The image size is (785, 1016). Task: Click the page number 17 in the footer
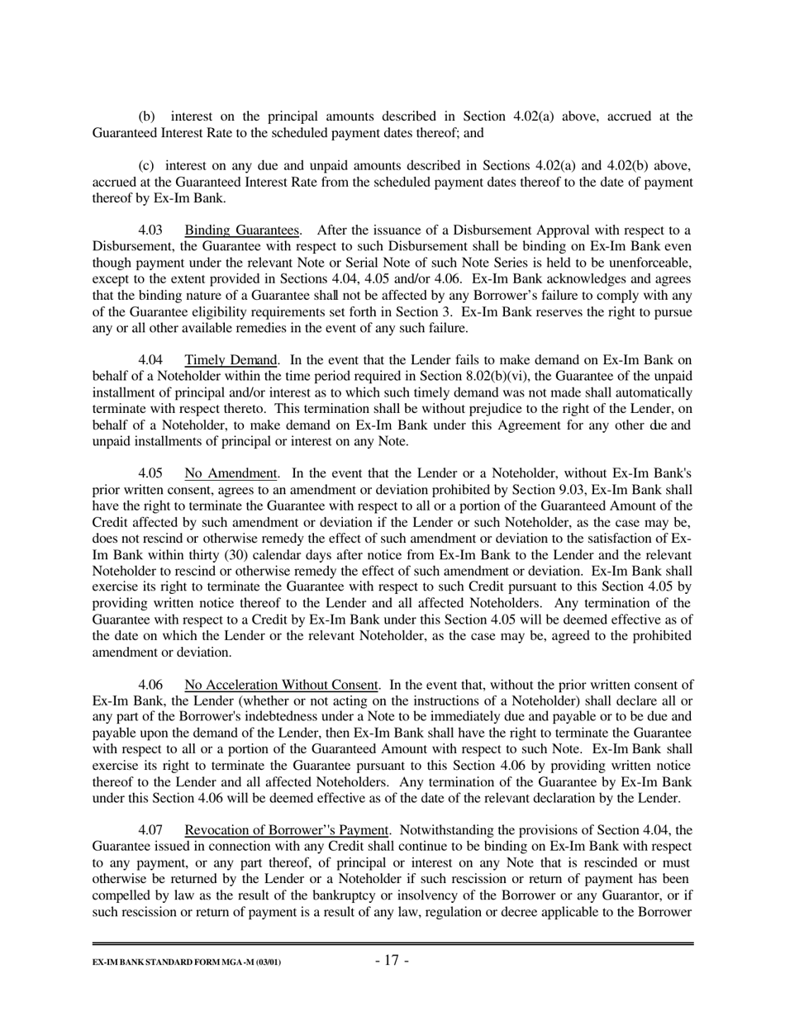click(392, 960)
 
